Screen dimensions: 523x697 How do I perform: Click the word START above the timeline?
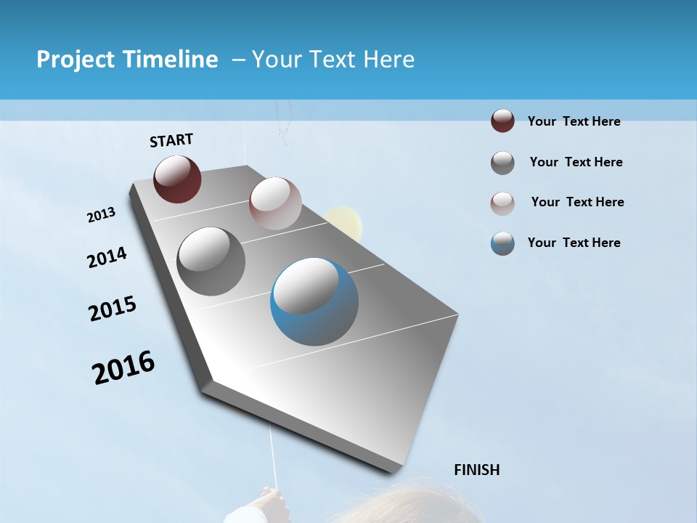(x=171, y=139)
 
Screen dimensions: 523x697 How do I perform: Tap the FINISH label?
(x=476, y=469)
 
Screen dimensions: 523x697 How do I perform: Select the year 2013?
(x=102, y=215)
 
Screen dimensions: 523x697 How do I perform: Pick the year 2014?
(x=107, y=258)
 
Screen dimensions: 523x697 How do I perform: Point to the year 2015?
(x=113, y=309)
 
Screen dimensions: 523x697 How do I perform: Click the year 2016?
(x=123, y=368)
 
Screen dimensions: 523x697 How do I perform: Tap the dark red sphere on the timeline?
(x=177, y=179)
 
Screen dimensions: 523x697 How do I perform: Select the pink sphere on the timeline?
(x=275, y=203)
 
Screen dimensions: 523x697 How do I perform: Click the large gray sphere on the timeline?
(x=211, y=261)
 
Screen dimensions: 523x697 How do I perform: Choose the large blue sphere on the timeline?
(x=314, y=301)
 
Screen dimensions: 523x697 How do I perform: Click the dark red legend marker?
(x=502, y=121)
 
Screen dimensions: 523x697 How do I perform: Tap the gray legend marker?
(x=502, y=163)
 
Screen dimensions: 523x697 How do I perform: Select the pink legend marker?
(x=502, y=203)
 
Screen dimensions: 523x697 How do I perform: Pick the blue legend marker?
(x=502, y=243)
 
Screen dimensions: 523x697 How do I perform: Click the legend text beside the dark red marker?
(x=574, y=121)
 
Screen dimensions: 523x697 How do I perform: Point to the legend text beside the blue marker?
(x=574, y=243)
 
